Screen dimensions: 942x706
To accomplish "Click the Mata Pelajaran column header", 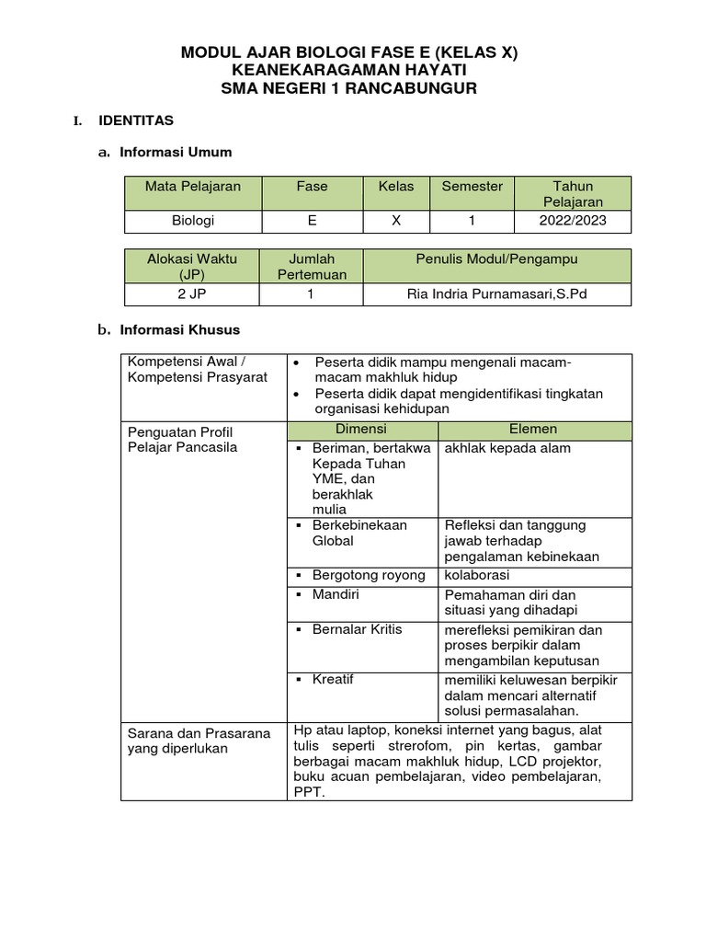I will (193, 187).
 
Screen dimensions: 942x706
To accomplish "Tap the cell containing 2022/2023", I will (573, 221).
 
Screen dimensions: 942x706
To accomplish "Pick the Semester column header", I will (472, 187).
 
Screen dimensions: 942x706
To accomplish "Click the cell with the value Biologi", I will (193, 221).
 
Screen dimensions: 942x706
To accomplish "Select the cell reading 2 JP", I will (191, 293).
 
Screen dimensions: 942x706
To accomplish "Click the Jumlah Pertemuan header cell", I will (312, 266).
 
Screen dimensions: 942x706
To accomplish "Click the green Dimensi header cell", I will (361, 430).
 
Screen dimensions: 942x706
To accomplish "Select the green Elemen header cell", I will (533, 430).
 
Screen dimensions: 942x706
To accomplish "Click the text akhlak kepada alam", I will (507, 448).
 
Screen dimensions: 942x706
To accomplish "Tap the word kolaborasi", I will (477, 576).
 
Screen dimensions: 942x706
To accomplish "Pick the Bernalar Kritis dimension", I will (357, 629).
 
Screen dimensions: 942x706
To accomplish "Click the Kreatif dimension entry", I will (333, 680).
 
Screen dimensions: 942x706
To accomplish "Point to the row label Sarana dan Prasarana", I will (199, 733).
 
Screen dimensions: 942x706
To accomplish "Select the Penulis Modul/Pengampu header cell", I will (496, 259).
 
